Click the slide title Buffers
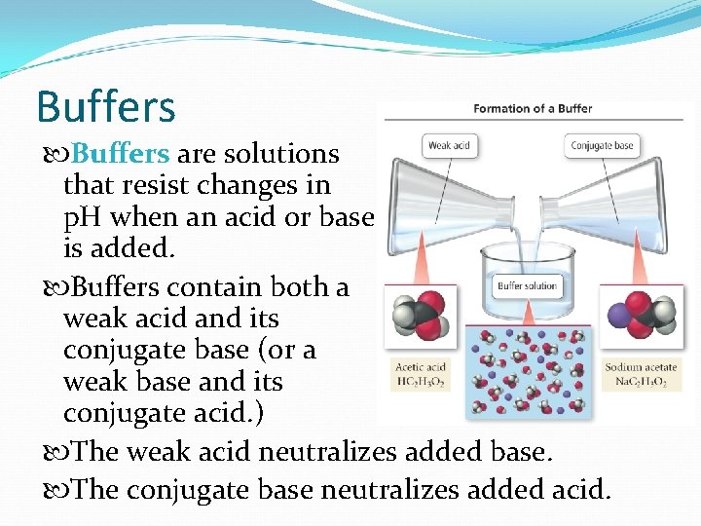pyautogui.click(x=105, y=106)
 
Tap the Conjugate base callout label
pyautogui.click(x=602, y=146)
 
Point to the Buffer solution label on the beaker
pyautogui.click(x=527, y=286)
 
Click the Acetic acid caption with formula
pyautogui.click(x=420, y=375)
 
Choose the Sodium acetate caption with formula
pyautogui.click(x=641, y=375)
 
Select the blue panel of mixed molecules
pyautogui.click(x=526, y=371)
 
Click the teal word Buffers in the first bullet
pyautogui.click(x=122, y=154)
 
